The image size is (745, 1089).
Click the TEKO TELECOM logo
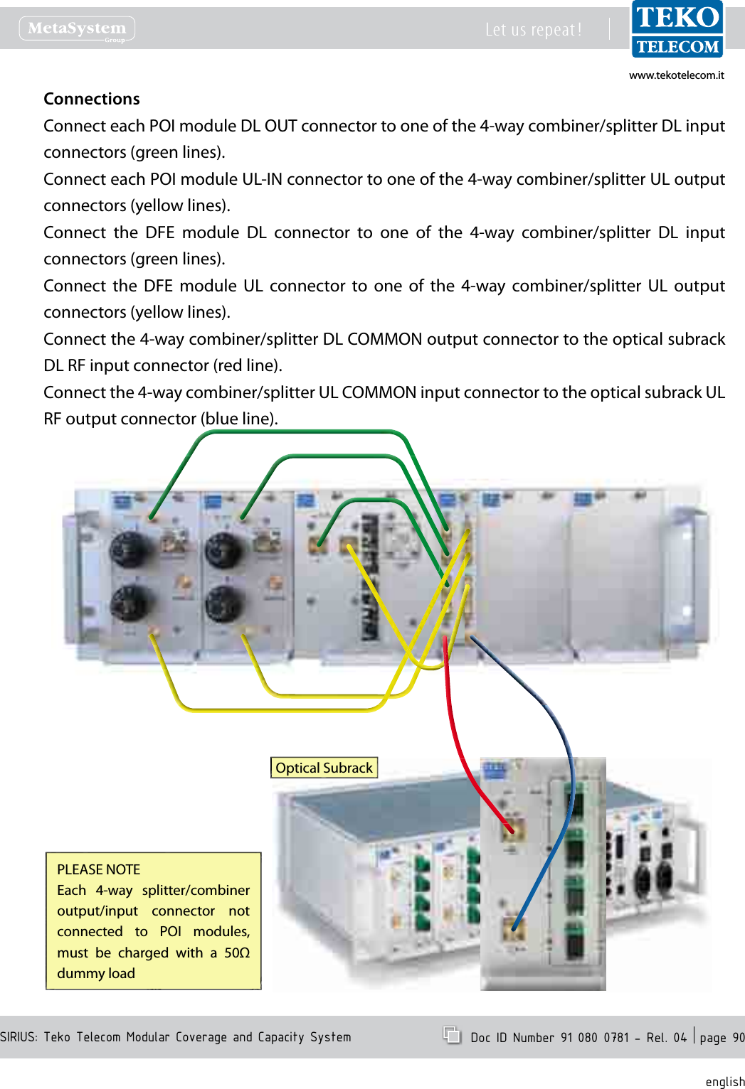677,29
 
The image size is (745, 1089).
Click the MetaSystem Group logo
77,29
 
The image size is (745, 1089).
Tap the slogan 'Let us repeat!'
533,30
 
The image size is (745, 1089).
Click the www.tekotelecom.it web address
676,75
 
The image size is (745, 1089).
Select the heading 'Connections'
92,99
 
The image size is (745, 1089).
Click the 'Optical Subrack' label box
324,768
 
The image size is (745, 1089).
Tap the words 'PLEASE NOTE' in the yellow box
98,869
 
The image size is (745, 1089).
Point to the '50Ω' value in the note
237,953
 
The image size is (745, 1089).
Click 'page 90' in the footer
722,1037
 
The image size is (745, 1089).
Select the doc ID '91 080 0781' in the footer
595,1037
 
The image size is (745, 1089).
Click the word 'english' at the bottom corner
724,1081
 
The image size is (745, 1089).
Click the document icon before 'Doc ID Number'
452,1035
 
